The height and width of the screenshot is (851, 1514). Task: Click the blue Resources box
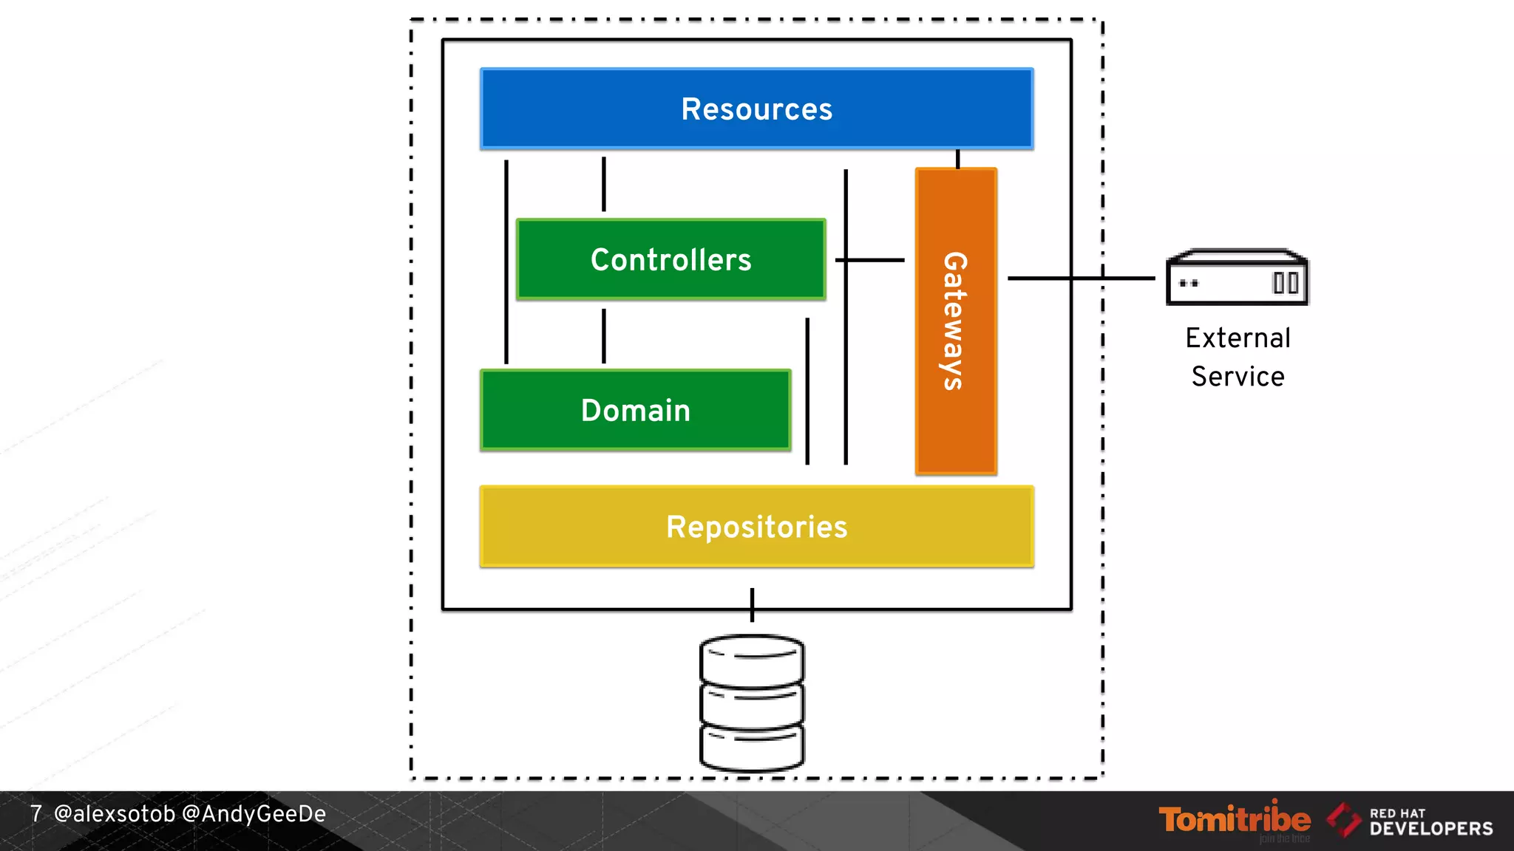[x=756, y=109]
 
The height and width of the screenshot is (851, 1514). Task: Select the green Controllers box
[x=671, y=259]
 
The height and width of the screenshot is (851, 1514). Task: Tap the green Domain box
[x=635, y=410]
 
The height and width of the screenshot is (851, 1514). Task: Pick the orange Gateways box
[x=956, y=321]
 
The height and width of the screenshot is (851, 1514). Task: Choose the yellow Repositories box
[x=756, y=527]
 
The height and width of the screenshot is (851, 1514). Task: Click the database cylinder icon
[x=752, y=703]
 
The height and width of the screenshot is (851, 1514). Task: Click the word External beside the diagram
[x=1238, y=338]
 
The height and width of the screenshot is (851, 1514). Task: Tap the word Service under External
[x=1238, y=377]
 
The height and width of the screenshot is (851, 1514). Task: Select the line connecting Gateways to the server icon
[x=1079, y=278]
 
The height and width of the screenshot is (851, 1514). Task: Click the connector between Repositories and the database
[x=752, y=605]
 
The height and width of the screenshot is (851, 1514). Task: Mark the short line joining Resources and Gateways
[x=958, y=159]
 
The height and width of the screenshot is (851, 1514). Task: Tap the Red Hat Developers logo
[x=1410, y=821]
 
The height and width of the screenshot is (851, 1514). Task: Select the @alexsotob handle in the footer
[x=115, y=814]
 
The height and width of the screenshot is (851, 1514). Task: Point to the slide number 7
[x=36, y=814]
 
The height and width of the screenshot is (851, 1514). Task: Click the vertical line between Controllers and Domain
[x=604, y=335]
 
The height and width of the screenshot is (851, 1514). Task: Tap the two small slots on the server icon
[x=1286, y=283]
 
